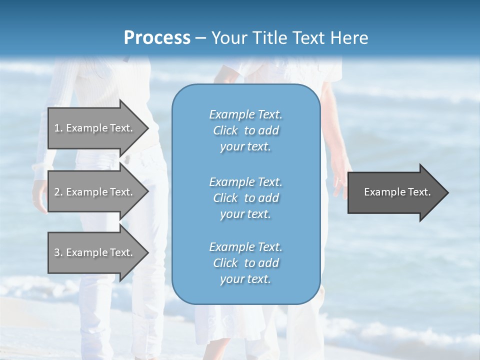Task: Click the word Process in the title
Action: pos(157,37)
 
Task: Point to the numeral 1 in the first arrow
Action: pos(57,128)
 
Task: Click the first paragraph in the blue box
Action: pos(245,130)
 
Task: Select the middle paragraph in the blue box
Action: pos(245,197)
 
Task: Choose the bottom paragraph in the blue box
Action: pos(245,263)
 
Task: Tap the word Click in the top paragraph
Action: pos(225,130)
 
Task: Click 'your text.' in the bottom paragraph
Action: pos(245,279)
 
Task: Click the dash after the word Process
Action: pos(200,38)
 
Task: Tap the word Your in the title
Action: pos(226,37)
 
